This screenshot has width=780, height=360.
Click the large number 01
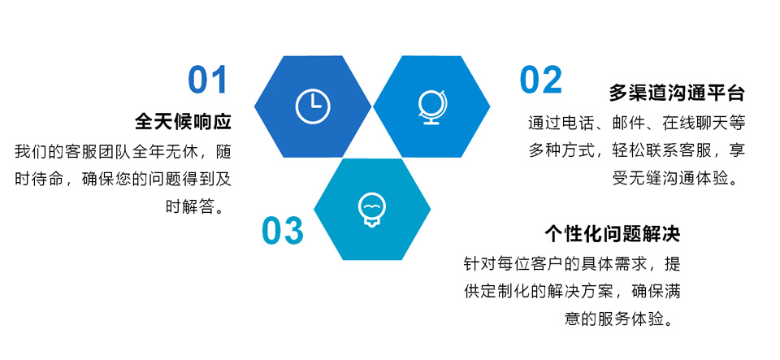pyautogui.click(x=207, y=80)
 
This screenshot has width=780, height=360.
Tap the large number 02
pyautogui.click(x=541, y=80)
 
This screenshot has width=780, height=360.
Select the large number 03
pyautogui.click(x=283, y=230)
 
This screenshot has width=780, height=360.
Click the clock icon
pyautogui.click(x=313, y=106)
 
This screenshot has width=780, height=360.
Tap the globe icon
pyautogui.click(x=432, y=106)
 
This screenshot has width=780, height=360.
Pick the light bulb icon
pyautogui.click(x=373, y=210)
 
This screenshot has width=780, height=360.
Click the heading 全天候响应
pyautogui.click(x=183, y=121)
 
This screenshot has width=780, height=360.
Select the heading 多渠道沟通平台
pyautogui.click(x=677, y=93)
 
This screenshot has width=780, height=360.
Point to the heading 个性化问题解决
pyautogui.click(x=613, y=233)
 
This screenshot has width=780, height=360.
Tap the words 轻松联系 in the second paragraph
pyautogui.click(x=637, y=150)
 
